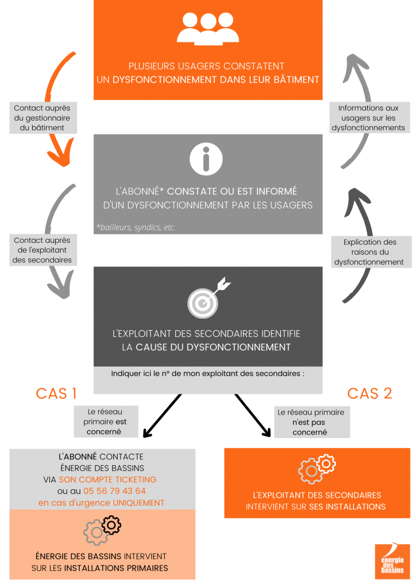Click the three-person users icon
click(x=208, y=29)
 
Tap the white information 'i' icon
click(x=206, y=159)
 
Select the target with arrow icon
click(x=209, y=297)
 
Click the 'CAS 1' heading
click(x=56, y=393)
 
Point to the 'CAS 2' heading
click(x=369, y=393)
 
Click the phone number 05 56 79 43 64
click(x=114, y=491)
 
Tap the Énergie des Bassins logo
click(x=392, y=562)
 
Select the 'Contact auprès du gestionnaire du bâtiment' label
click(x=43, y=118)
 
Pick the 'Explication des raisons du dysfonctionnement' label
click(x=371, y=252)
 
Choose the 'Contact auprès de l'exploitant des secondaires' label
click(x=43, y=250)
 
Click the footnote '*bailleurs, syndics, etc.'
click(x=136, y=227)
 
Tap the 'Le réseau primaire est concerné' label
click(x=106, y=421)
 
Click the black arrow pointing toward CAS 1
click(x=162, y=416)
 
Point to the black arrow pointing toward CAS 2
click(x=253, y=416)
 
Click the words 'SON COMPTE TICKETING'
click(x=107, y=479)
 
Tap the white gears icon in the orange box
click(x=317, y=469)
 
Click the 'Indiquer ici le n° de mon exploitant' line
click(x=208, y=373)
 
